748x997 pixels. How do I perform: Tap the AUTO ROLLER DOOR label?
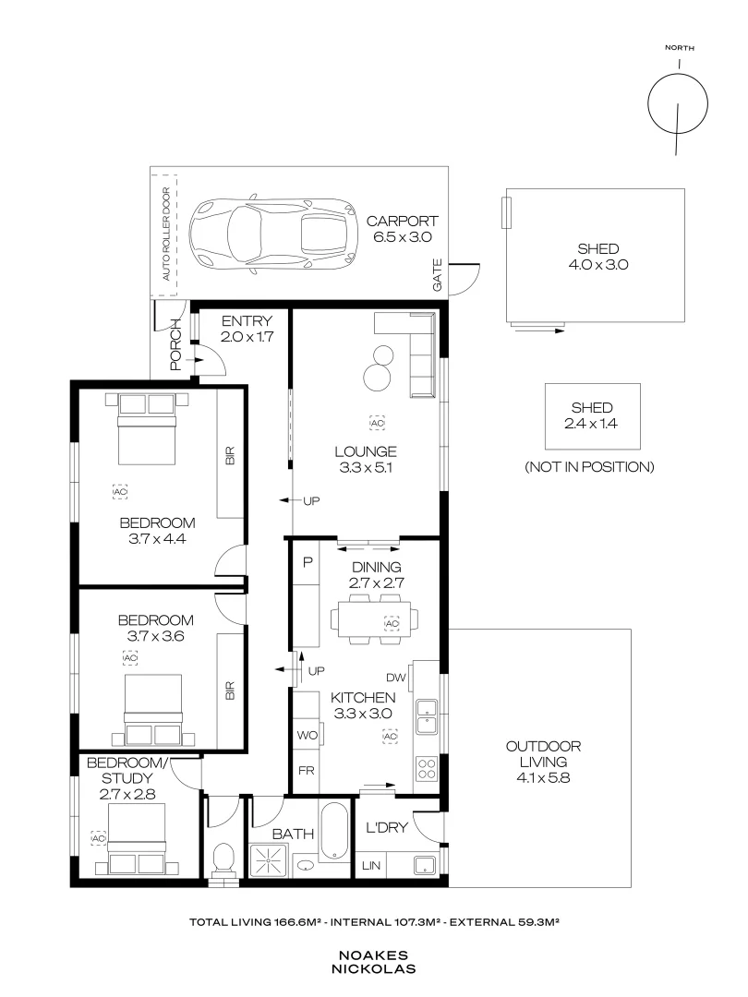[166, 234]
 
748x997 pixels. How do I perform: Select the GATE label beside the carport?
[438, 277]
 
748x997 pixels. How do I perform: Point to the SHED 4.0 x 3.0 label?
[597, 257]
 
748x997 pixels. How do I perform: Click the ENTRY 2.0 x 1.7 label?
[246, 330]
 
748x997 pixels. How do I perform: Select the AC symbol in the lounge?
[377, 422]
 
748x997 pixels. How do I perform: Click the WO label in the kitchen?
[307, 735]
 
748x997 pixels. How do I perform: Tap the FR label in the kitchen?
[306, 770]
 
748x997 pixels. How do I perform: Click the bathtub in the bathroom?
[334, 832]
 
